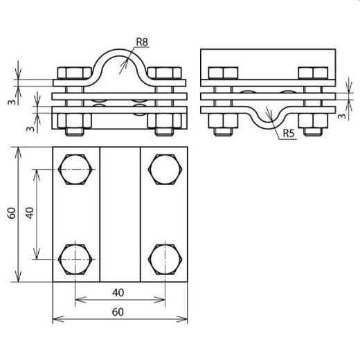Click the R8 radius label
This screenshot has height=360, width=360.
(x=143, y=42)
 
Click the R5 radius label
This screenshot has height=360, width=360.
(x=289, y=134)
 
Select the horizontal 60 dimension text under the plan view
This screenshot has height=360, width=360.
(x=120, y=312)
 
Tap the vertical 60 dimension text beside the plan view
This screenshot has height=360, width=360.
(x=10, y=213)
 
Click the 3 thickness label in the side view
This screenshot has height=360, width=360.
(x=342, y=116)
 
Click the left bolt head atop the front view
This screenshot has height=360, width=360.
(x=73, y=74)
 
